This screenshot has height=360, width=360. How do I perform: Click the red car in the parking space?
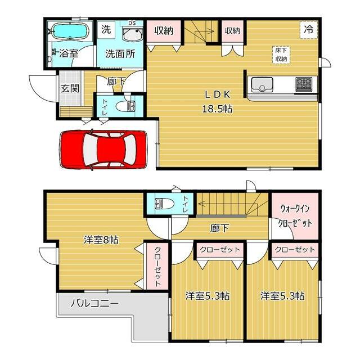coord(103,150)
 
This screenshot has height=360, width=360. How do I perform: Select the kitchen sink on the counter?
coord(262,84)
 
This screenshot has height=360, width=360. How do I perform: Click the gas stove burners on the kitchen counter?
coord(304,84)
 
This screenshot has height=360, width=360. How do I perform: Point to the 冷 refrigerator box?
coord(309,30)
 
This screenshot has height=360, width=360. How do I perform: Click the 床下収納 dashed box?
coord(281,55)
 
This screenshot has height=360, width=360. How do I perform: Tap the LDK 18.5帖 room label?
coord(217,102)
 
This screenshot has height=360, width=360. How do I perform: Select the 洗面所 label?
coord(120,54)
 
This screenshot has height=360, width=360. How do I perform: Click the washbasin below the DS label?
coord(132,34)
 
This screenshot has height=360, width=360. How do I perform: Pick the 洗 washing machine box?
coord(106,29)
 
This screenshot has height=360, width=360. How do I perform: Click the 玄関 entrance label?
coord(70,88)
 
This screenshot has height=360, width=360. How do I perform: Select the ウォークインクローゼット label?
coord(295,216)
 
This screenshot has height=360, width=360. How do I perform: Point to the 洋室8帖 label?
coord(101,240)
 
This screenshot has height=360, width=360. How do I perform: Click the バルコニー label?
coord(94,304)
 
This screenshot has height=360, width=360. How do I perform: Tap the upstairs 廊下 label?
coord(219,228)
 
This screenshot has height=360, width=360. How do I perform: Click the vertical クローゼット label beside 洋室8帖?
coord(157,267)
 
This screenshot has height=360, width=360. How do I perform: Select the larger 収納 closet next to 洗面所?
coord(163,31)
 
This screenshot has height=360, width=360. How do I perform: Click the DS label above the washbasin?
coord(132,23)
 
